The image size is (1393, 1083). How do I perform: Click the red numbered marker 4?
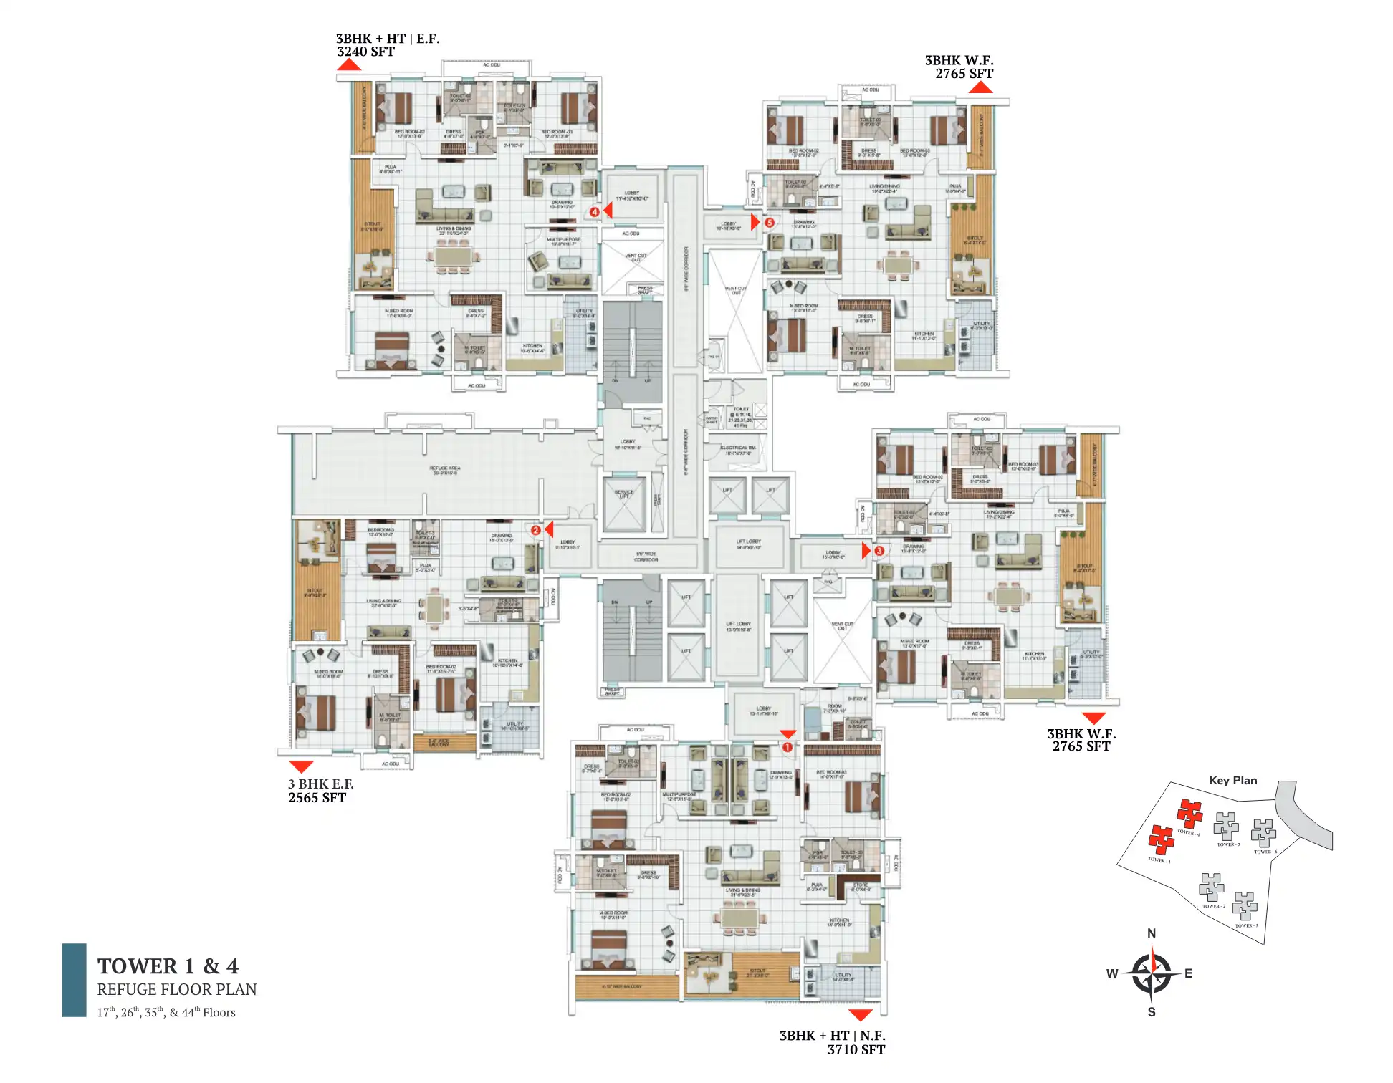pos(594,212)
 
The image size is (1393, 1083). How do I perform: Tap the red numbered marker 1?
pos(787,747)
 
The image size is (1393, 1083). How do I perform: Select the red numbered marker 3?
pos(879,551)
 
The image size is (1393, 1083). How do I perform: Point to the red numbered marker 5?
pos(769,223)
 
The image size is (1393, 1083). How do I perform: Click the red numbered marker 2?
pos(535,530)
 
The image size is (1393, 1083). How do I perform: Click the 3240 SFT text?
pos(365,52)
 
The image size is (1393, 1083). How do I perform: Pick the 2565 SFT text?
pos(317,798)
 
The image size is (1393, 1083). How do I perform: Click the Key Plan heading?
pos(1232,780)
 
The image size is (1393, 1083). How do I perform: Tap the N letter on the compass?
pos(1151,933)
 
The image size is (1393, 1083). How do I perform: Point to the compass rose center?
pos(1151,973)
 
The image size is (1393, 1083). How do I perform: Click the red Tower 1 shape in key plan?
pos(1161,839)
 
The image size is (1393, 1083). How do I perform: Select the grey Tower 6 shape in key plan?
pos(1263,833)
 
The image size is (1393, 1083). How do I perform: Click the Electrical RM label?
pos(737,450)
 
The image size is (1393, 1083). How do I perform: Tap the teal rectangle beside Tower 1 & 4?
pos(74,980)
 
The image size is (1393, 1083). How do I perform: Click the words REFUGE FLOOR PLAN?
pos(176,989)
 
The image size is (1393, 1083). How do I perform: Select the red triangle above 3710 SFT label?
pos(860,1015)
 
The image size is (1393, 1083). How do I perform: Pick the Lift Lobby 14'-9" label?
pos(748,544)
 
